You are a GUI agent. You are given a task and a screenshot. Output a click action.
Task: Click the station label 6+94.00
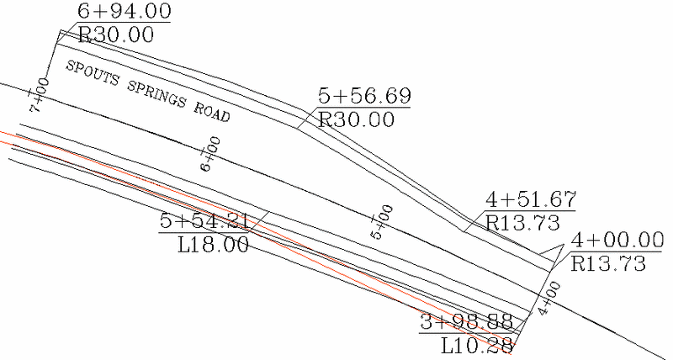coord(124,12)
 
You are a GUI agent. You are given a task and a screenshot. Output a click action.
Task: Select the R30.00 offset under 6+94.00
coord(116,34)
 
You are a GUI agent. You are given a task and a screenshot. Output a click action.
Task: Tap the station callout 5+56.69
coord(364,97)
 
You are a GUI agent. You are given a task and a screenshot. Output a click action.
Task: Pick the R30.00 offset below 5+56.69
coord(357,119)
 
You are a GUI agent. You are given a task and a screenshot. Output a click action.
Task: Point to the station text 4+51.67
coord(531,200)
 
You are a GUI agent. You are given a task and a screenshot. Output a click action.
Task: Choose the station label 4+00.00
coord(617,241)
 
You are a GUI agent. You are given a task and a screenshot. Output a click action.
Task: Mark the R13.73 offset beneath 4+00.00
coord(609,262)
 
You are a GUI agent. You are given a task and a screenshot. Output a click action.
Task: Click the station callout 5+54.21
coord(204,222)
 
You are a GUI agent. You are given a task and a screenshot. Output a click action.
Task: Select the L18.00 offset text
coord(214,245)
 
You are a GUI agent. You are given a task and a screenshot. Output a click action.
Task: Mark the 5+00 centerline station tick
coord(383,220)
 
